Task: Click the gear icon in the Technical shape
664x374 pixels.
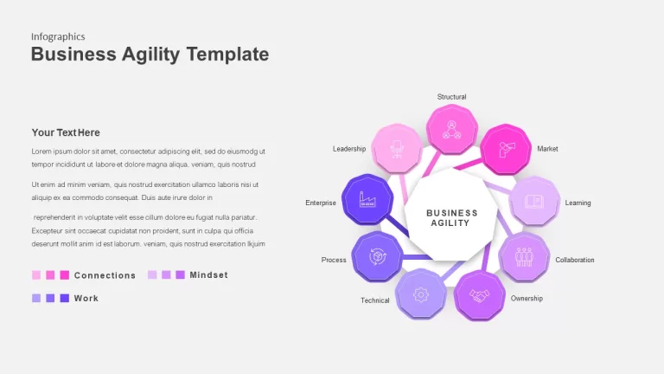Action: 420,294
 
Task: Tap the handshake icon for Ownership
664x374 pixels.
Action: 479,295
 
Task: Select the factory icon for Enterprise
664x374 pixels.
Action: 367,199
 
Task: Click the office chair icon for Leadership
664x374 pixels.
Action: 397,149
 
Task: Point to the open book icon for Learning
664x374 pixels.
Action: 534,201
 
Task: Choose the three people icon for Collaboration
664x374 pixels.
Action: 524,257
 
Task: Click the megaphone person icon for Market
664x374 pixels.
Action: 506,149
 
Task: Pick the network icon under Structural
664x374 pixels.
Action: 452,129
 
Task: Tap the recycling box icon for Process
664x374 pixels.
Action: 377,256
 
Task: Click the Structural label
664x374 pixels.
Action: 451,97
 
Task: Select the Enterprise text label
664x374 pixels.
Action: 321,203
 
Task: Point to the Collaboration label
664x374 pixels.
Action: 575,260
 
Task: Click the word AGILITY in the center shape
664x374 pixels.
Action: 450,223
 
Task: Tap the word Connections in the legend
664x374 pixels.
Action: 105,275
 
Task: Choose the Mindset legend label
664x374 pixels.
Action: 208,275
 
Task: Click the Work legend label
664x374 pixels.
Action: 86,299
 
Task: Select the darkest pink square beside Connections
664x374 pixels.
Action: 64,275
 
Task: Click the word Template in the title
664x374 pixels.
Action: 227,55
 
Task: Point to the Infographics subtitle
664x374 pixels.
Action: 58,37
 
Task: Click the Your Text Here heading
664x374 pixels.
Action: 66,132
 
